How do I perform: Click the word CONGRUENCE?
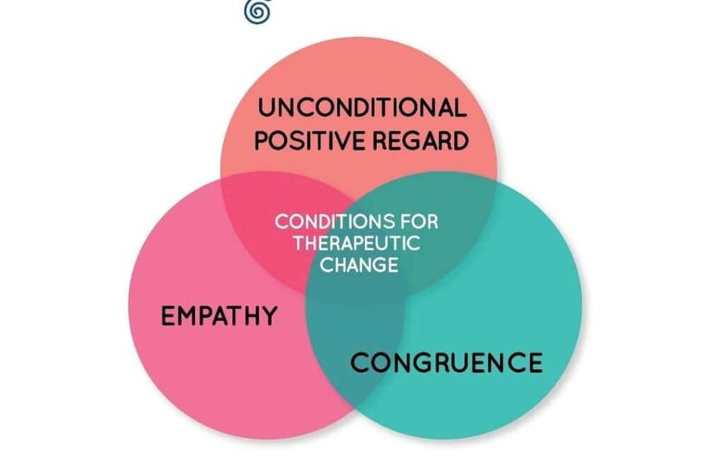(x=447, y=363)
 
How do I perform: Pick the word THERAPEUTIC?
(x=357, y=244)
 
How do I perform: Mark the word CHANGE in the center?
(x=357, y=265)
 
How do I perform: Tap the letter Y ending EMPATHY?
(x=268, y=316)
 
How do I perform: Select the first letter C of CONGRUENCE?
(x=361, y=363)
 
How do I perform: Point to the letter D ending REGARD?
(x=460, y=141)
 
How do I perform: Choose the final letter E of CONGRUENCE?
(x=535, y=363)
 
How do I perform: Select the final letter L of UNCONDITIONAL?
(x=460, y=109)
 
